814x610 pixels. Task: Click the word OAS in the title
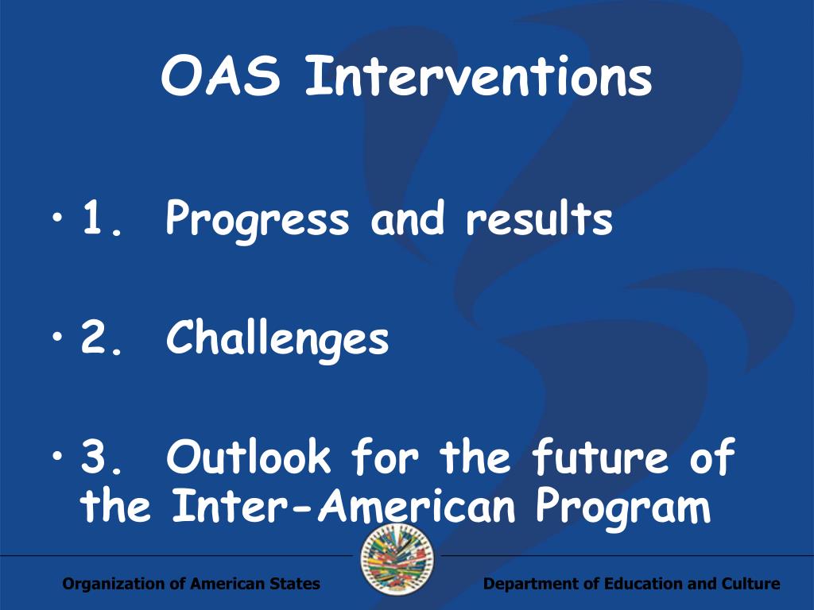[x=221, y=77]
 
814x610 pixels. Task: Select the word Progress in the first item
[x=258, y=222]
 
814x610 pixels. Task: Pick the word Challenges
[x=277, y=340]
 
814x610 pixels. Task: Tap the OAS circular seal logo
[x=397, y=559]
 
